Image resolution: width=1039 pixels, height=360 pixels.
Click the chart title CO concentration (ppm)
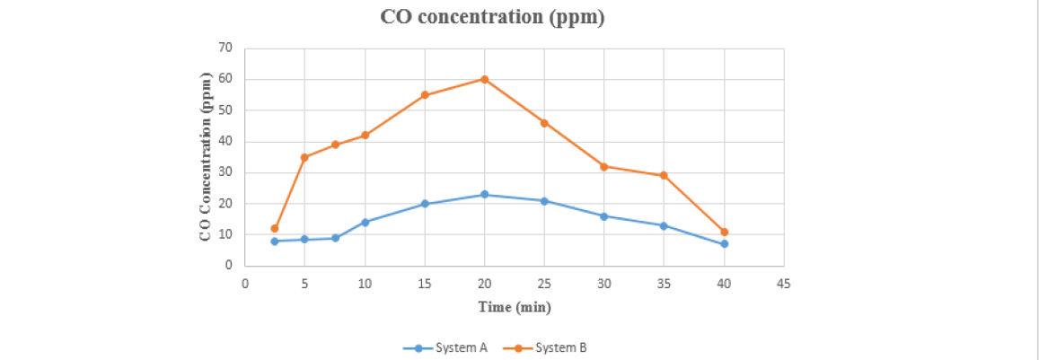(x=492, y=18)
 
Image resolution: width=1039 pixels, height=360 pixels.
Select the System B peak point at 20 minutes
(x=484, y=79)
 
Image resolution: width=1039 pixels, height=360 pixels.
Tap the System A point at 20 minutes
(x=484, y=194)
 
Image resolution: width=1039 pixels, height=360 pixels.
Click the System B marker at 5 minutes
(x=304, y=157)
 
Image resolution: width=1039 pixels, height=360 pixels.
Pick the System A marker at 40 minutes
(x=724, y=243)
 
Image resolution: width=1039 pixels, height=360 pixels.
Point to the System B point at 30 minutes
(x=603, y=166)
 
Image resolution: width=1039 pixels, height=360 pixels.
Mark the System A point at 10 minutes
(x=365, y=222)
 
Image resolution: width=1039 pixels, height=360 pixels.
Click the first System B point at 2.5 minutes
(x=275, y=228)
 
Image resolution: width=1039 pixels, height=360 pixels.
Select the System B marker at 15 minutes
(x=425, y=95)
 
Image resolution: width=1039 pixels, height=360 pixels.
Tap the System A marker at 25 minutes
(x=544, y=200)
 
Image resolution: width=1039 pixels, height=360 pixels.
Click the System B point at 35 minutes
(x=664, y=175)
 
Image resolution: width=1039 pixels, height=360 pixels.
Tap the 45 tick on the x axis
(x=783, y=284)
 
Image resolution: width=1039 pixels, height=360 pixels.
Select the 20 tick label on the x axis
(x=484, y=284)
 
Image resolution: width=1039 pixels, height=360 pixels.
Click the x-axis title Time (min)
(x=515, y=307)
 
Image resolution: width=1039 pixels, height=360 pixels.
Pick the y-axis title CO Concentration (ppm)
(x=206, y=156)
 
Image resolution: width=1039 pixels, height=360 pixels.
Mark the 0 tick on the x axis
(x=245, y=284)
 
